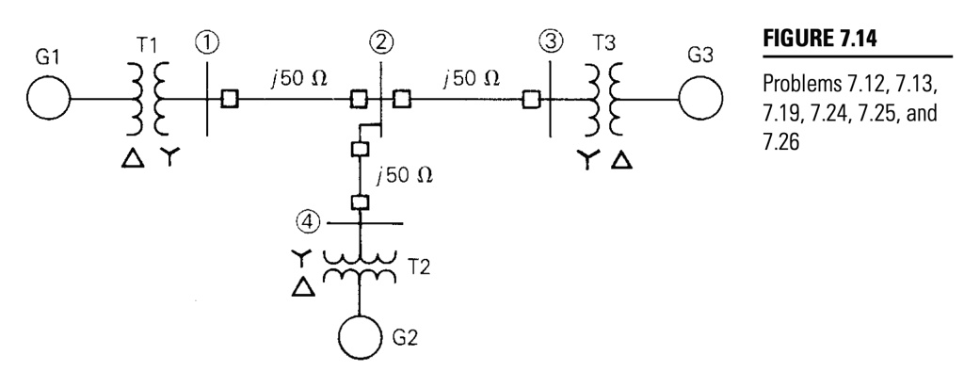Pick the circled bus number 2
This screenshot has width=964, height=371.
point(380,42)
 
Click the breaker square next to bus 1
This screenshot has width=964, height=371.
point(228,98)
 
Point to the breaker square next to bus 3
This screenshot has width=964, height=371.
point(531,98)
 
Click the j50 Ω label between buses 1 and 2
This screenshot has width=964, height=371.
point(293,75)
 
